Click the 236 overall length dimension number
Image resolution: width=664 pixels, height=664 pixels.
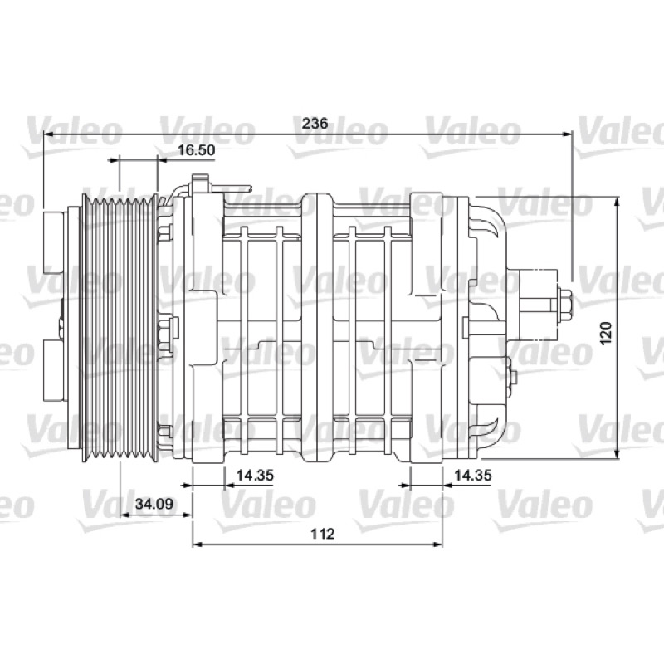click(x=315, y=123)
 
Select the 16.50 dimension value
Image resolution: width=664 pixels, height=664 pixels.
click(x=196, y=150)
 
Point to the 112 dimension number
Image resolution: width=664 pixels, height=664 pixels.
click(x=323, y=534)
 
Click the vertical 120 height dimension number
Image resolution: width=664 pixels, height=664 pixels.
click(x=607, y=333)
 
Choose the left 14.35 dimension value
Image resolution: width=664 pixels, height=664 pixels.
click(x=255, y=475)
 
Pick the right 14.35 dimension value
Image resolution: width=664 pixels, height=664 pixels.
click(x=473, y=475)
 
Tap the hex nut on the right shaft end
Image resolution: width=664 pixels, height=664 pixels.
click(x=565, y=305)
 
